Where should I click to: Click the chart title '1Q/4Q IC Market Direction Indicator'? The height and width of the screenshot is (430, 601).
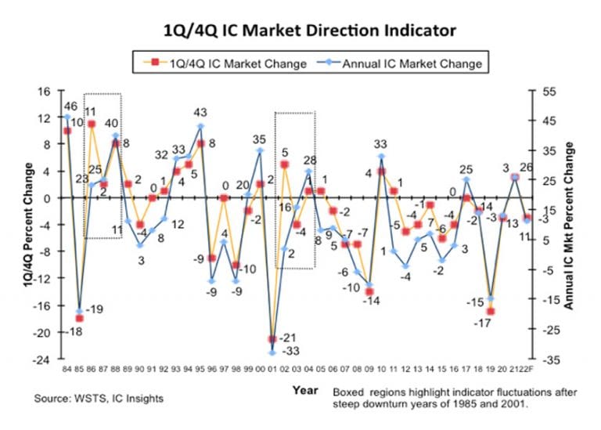tap(300, 31)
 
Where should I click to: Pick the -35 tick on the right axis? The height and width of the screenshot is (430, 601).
tap(547, 360)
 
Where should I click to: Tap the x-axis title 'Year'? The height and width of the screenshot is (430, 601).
tap(304, 389)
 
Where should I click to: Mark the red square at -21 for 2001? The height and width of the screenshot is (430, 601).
tap(272, 339)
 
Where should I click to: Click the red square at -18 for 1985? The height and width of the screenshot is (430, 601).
tap(80, 318)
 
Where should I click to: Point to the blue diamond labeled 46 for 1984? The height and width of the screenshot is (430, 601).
tap(67, 117)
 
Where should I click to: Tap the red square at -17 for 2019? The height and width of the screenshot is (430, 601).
tap(491, 312)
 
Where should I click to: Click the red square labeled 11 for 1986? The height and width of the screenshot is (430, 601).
tap(92, 124)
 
